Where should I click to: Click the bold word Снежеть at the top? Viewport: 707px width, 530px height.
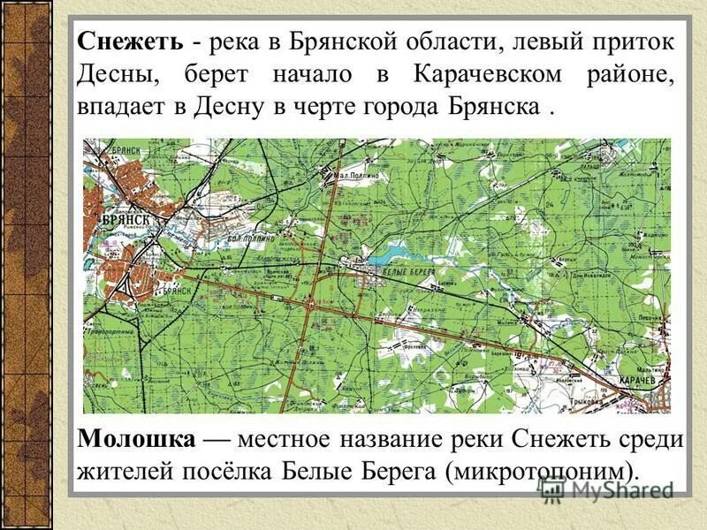pyautogui.click(x=130, y=42)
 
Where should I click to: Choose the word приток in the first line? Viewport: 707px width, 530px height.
pyautogui.click(x=629, y=42)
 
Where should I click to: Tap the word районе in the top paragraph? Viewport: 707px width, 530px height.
pyautogui.click(x=629, y=74)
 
